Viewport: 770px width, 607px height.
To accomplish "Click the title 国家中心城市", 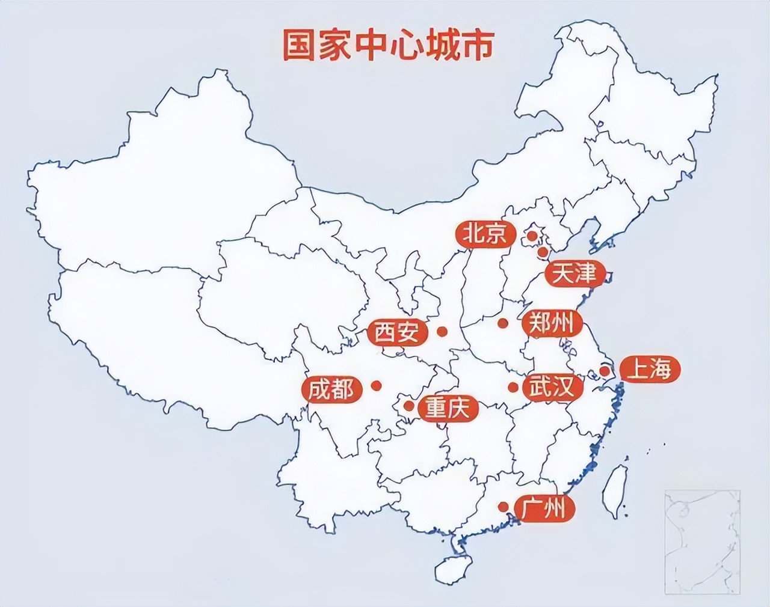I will [388, 45].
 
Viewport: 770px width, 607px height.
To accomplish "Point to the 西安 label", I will [397, 332].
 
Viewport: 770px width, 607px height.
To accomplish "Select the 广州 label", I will [543, 508].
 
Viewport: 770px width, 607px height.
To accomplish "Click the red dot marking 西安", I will [443, 331].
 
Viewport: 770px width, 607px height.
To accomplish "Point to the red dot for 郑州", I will [502, 323].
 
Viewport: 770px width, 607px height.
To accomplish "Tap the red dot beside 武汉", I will [513, 388].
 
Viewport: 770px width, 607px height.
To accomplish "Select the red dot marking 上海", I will [605, 371].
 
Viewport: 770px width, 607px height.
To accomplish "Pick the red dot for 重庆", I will [409, 406].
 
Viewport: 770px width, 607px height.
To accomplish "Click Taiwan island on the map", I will [615, 487].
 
